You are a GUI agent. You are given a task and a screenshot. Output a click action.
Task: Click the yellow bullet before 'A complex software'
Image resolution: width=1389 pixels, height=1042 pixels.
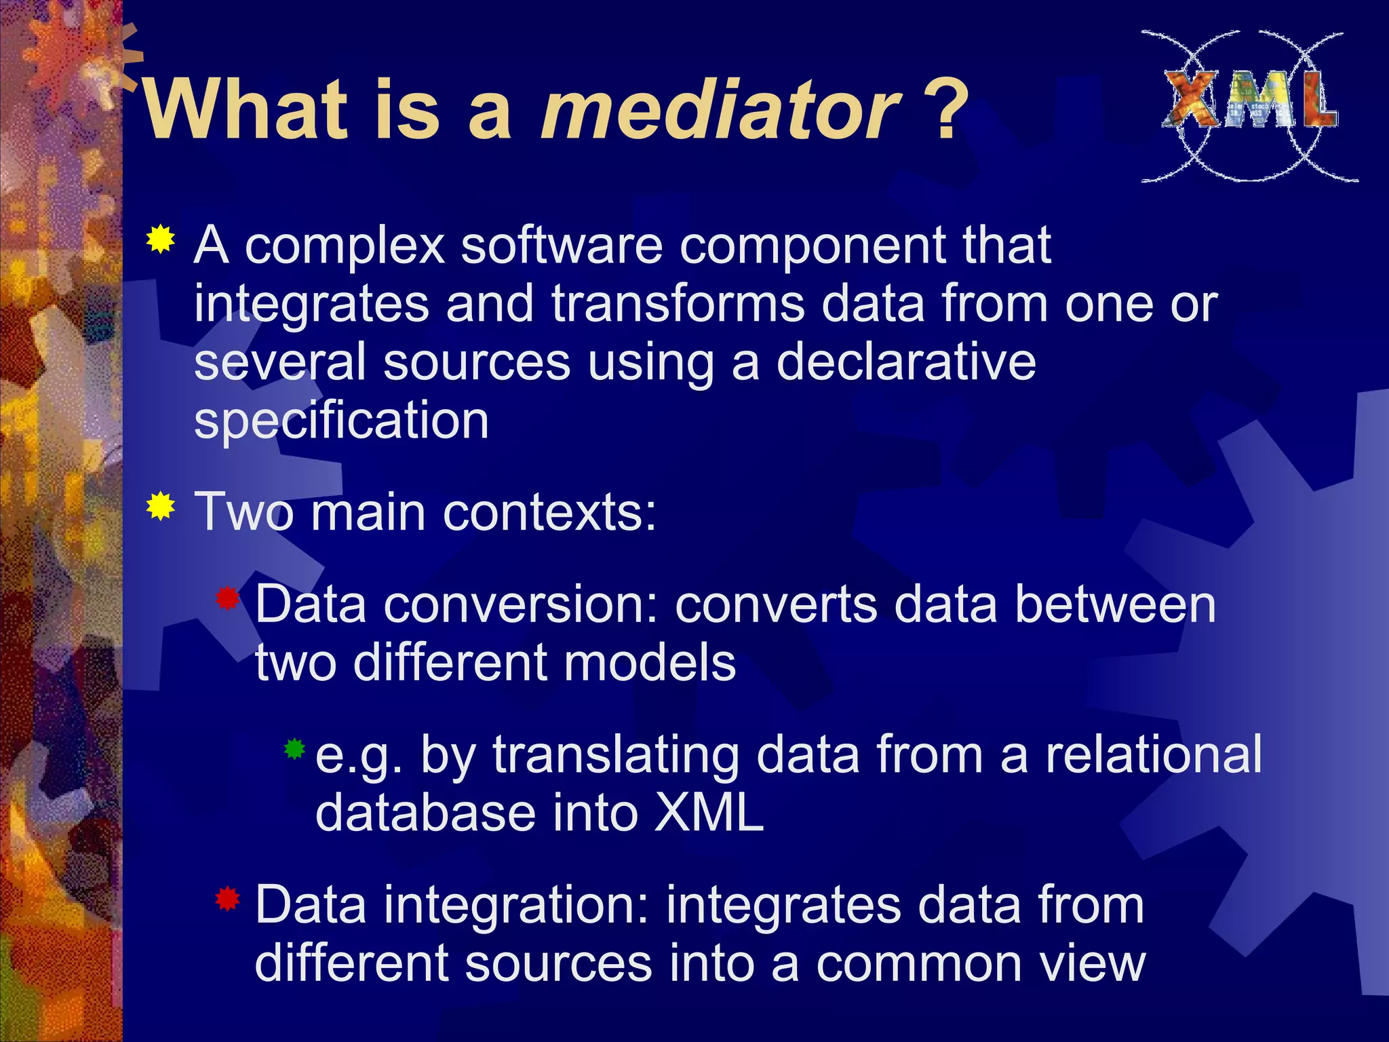161,239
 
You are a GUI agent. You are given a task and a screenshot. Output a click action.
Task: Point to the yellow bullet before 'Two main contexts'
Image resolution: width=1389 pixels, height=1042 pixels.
161,506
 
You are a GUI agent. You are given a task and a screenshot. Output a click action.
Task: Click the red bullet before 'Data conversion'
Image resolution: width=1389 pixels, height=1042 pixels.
228,598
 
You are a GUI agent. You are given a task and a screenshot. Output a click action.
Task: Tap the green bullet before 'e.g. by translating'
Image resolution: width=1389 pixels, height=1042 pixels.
294,749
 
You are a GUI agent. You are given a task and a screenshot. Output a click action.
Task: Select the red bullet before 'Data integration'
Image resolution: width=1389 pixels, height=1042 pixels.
228,900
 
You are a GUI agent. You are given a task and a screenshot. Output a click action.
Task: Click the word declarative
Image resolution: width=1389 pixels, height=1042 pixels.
905,362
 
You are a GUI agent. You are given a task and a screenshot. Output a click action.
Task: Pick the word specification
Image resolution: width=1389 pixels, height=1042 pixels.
341,421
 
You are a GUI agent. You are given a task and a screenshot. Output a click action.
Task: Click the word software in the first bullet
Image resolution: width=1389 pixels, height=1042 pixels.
562,246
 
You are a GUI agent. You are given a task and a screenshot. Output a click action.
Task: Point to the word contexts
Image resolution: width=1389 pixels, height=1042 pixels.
549,512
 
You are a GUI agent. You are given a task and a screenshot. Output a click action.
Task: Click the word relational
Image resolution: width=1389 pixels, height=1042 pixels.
1153,755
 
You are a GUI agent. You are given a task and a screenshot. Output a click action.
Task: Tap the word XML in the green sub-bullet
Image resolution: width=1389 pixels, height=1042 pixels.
709,813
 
